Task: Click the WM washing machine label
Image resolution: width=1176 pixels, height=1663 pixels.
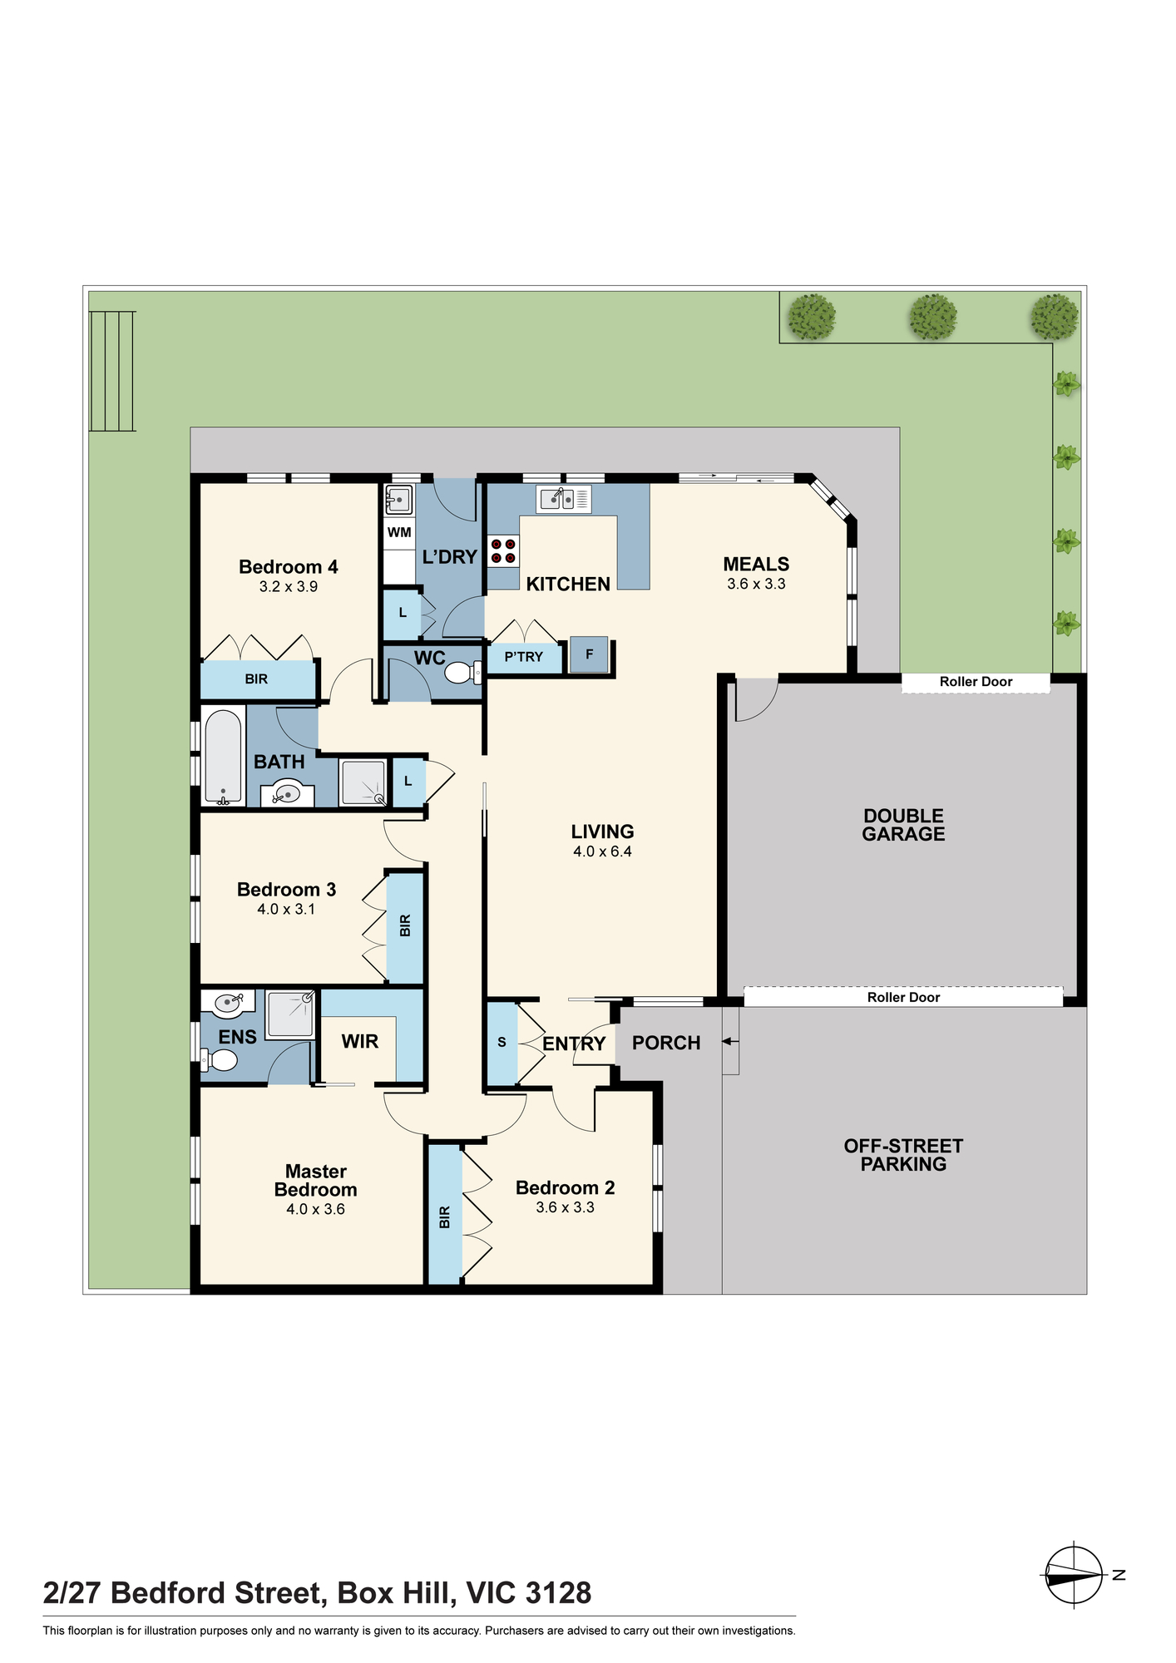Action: coord(399,532)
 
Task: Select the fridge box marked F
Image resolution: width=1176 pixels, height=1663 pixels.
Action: coord(589,654)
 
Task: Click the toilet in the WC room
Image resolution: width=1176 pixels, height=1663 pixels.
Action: coord(463,672)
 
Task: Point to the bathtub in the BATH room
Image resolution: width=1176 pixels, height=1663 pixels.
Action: coord(223,757)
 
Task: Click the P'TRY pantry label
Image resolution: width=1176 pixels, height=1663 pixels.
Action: coord(523,657)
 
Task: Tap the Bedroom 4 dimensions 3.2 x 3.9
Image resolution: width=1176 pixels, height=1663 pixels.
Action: coord(289,586)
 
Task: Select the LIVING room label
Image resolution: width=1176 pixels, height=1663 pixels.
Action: coord(603,831)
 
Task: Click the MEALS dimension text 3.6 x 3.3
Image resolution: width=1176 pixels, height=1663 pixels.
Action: coord(756,584)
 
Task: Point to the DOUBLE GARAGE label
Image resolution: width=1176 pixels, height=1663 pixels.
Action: coord(903,825)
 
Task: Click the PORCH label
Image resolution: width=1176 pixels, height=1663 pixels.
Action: coord(666,1043)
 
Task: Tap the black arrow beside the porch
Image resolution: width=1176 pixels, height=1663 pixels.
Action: coord(729,1041)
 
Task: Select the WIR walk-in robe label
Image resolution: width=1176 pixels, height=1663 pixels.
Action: coord(360,1041)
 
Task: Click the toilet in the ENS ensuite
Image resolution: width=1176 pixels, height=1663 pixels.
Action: coord(220,1060)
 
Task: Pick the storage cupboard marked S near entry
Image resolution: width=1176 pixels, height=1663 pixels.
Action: coord(502,1044)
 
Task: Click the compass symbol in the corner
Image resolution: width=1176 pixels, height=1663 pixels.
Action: coord(1075,1575)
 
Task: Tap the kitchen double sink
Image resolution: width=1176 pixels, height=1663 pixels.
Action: coord(563,499)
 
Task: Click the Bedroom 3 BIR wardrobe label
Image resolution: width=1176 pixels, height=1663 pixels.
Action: coord(405,925)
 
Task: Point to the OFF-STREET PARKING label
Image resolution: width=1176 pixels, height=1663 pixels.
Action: coord(903,1155)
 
